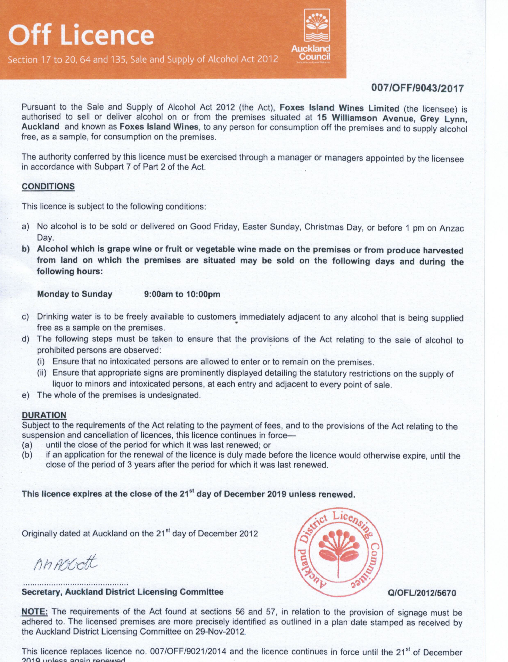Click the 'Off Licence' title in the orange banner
tap(81, 35)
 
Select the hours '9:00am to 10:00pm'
tap(182, 294)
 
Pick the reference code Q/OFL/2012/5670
tap(422, 593)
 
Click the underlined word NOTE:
tap(34, 612)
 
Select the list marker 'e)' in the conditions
tap(25, 395)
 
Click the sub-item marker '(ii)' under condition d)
tap(42, 373)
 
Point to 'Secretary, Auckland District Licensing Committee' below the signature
tap(122, 592)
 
